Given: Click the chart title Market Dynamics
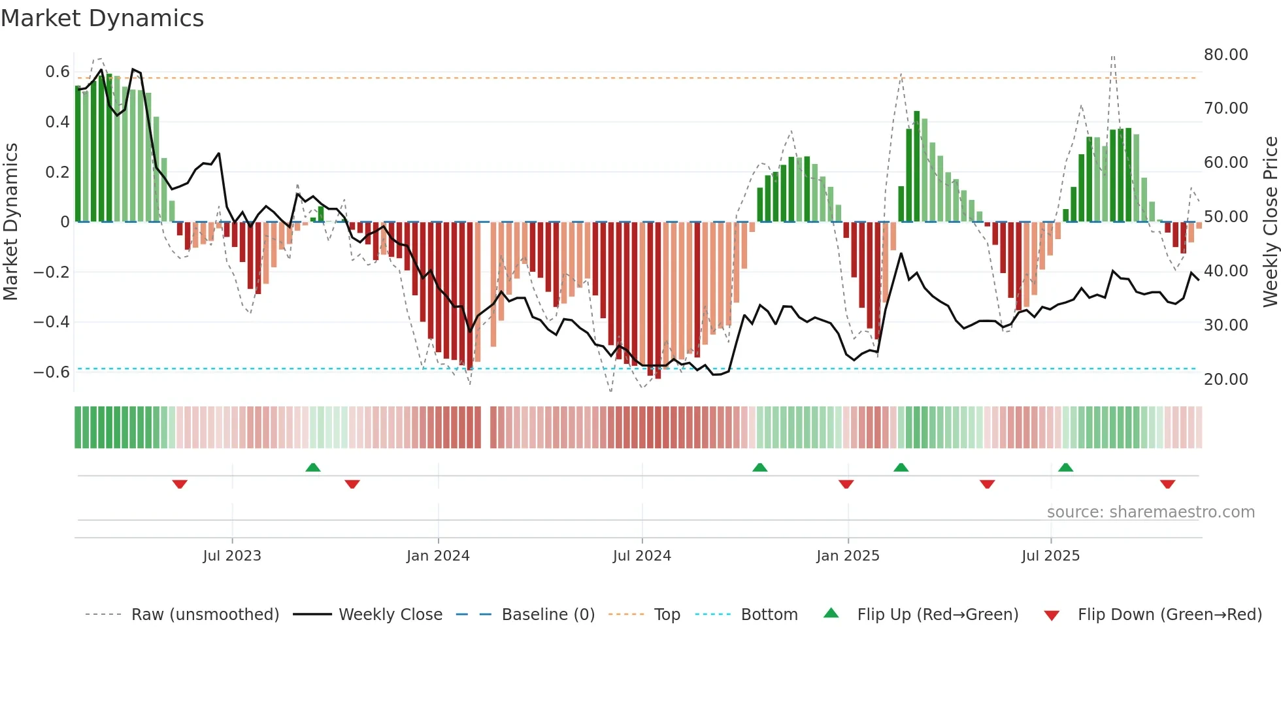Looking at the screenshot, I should coord(103,18).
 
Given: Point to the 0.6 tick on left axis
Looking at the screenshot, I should coord(58,72).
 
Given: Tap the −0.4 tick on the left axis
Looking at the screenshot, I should coord(52,321).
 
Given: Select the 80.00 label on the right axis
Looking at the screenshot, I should coord(1225,55).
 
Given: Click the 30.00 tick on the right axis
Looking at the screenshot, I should coord(1225,325).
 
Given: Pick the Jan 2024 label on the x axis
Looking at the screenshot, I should coord(438,556).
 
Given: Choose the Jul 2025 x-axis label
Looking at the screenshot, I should coord(1050,556).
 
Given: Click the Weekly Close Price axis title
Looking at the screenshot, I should coord(1270,221).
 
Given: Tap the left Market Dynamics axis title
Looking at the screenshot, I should coord(11,221).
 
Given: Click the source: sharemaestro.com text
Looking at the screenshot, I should coord(1150,512).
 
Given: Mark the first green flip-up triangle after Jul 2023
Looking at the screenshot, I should coord(313,468).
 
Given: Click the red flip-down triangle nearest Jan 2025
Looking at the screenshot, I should coord(846,484).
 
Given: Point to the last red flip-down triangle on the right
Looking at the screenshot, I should coord(1167,484).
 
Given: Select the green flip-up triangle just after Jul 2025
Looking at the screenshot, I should coord(1065,468).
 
